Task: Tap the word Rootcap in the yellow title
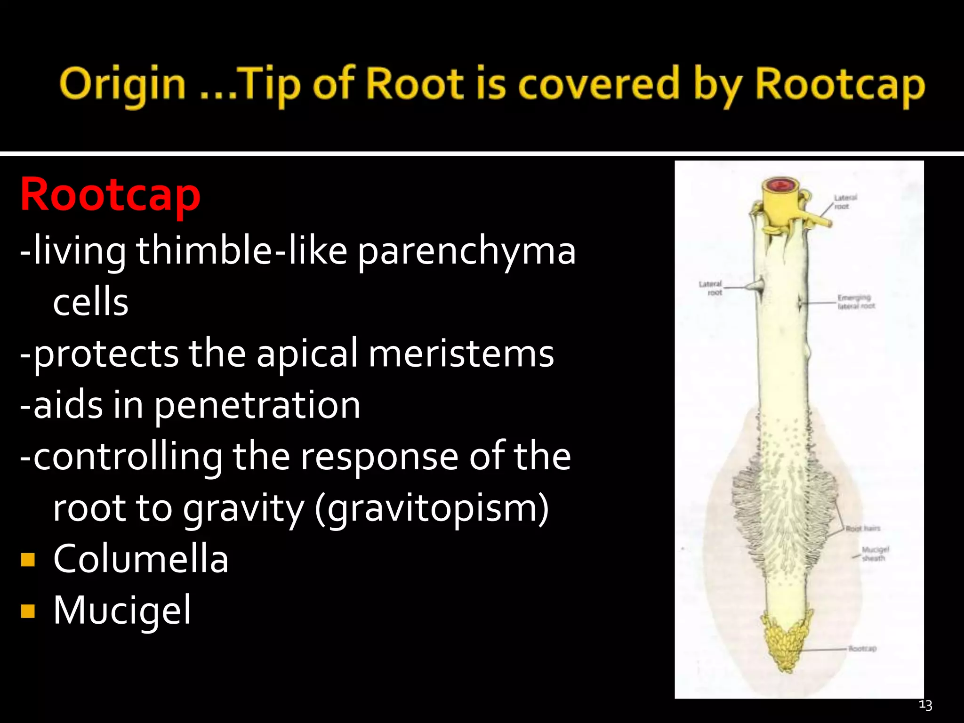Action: coord(840,85)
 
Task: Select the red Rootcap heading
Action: coord(110,195)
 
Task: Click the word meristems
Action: coord(461,353)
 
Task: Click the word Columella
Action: coord(141,559)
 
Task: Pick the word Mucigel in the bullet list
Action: coord(122,611)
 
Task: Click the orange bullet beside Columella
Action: coord(28,560)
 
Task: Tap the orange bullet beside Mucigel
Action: coord(28,611)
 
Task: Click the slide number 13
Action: coord(925,705)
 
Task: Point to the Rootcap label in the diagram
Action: coord(862,649)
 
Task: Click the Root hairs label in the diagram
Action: coord(863,529)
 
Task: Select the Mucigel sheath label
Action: coord(875,554)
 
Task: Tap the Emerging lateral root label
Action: coord(855,302)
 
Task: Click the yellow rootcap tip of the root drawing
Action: coord(786,645)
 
